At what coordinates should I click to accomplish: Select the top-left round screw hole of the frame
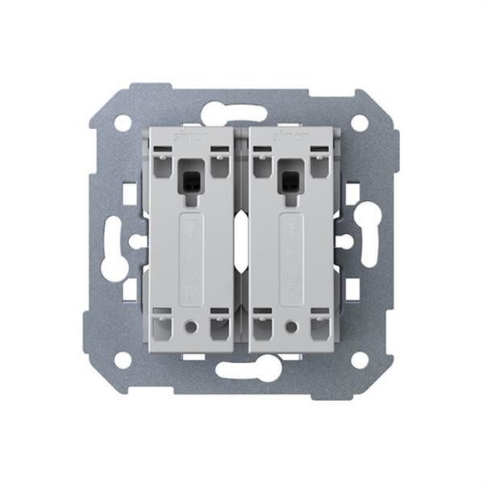[123, 123]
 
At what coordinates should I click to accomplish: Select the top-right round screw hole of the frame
[360, 123]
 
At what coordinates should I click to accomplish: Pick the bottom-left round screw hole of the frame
[123, 360]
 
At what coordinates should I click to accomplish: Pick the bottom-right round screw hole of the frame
[360, 360]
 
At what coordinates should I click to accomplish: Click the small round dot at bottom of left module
[191, 328]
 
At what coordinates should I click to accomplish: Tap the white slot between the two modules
[241, 242]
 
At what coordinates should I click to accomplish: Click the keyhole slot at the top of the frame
[240, 113]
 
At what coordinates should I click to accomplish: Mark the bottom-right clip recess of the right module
[320, 328]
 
